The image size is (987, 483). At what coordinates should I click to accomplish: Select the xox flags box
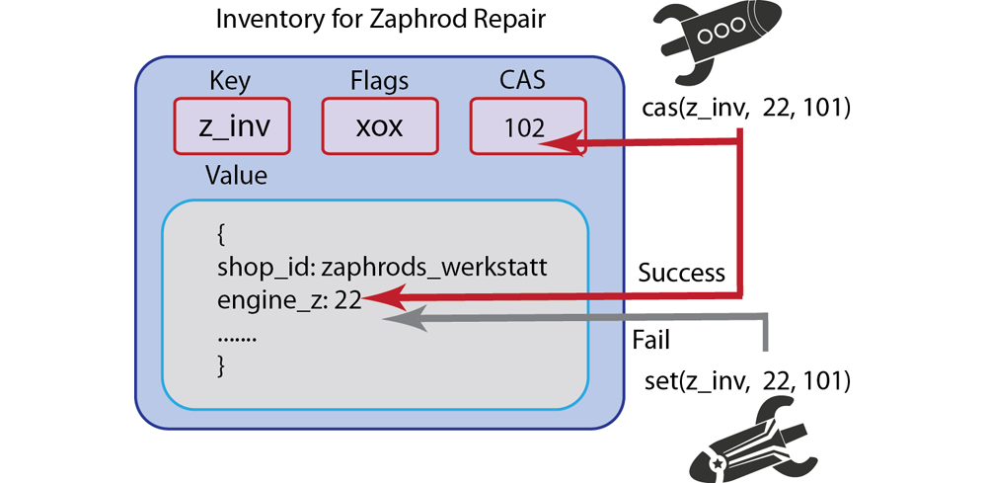pyautogui.click(x=380, y=126)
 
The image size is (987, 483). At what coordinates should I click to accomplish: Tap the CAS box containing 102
pyautogui.click(x=524, y=126)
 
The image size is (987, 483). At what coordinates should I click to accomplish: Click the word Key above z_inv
pyautogui.click(x=230, y=81)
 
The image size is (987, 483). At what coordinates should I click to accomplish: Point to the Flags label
pyautogui.click(x=380, y=81)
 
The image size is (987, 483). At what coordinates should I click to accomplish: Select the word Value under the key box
pyautogui.click(x=236, y=176)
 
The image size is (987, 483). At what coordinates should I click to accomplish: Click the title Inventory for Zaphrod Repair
pyautogui.click(x=380, y=19)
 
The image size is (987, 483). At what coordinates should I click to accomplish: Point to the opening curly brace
pyautogui.click(x=221, y=235)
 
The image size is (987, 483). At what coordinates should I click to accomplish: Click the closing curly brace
pyautogui.click(x=221, y=366)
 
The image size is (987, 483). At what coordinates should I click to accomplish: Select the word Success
pyautogui.click(x=681, y=273)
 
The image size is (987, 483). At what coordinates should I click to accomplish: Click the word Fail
pyautogui.click(x=650, y=341)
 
